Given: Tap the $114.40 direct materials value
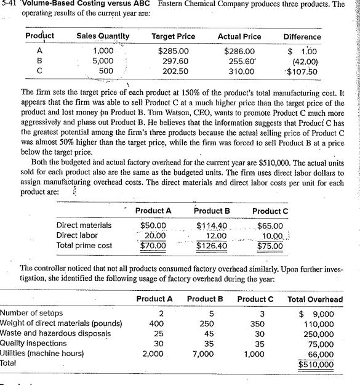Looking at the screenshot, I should tap(212, 209).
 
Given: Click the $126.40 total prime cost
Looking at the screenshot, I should tap(212, 230).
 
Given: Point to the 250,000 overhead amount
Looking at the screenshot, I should tap(326, 334).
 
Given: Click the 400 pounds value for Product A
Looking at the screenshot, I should tap(157, 323).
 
